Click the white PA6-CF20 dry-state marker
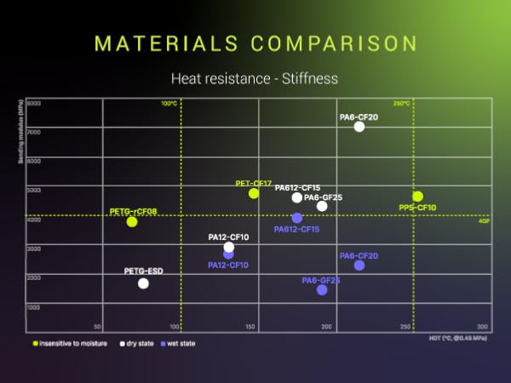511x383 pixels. click(x=359, y=127)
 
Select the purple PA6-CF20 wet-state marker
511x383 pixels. click(x=359, y=266)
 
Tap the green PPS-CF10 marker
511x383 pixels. click(x=417, y=197)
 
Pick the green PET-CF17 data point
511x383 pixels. click(x=254, y=193)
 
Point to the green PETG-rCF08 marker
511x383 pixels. click(x=132, y=221)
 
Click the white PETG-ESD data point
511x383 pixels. click(x=143, y=283)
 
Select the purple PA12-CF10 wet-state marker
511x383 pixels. click(x=228, y=254)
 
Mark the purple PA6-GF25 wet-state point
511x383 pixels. click(x=322, y=290)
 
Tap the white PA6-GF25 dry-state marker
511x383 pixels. click(x=322, y=206)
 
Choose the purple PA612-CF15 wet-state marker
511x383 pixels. click(x=296, y=218)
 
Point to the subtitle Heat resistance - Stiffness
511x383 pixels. click(x=255, y=79)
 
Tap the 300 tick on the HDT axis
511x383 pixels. click(x=482, y=327)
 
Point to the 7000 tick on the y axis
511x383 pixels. click(x=34, y=132)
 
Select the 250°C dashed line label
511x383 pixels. click(x=401, y=104)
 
